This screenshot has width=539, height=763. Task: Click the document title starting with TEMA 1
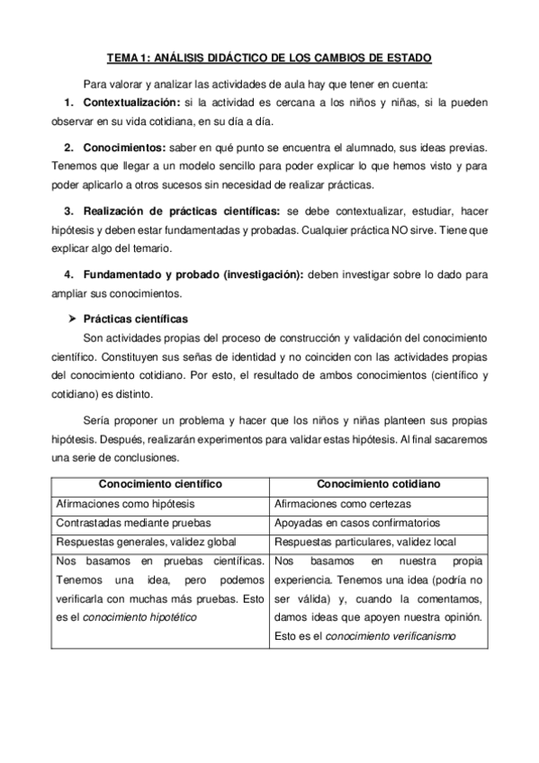(269, 58)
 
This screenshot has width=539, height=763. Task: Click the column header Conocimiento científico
(160, 484)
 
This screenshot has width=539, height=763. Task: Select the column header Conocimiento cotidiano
(379, 484)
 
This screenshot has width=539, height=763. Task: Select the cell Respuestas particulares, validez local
(364, 542)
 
